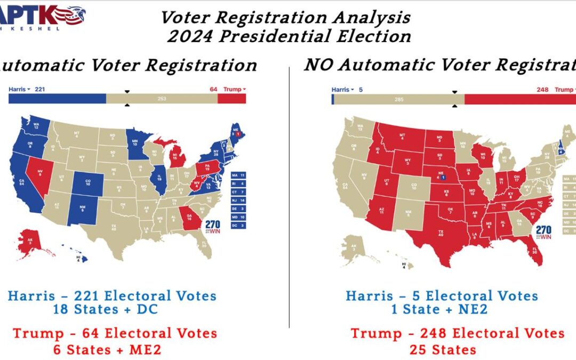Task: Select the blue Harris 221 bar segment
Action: coord(57,99)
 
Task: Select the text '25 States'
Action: coord(443,350)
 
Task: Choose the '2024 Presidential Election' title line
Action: coord(289,36)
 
